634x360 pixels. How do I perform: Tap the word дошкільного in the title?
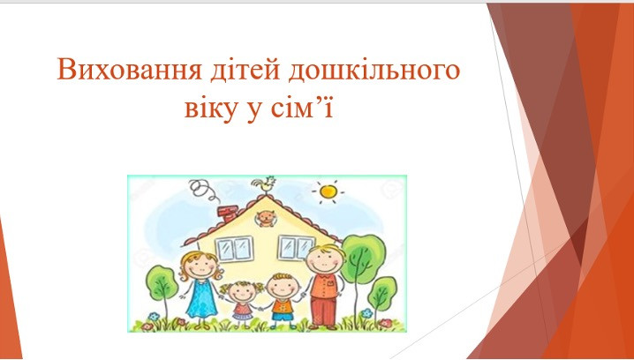pos(374,69)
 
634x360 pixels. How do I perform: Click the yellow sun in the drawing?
pos(328,191)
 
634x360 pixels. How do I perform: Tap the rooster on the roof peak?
pos(265,185)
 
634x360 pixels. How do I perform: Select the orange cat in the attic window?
pos(266,219)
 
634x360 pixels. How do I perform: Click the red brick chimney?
pos(229,213)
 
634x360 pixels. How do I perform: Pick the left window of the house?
pos(235,249)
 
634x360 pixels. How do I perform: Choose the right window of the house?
pos(296,247)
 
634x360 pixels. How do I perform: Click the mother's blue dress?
pos(201,297)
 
